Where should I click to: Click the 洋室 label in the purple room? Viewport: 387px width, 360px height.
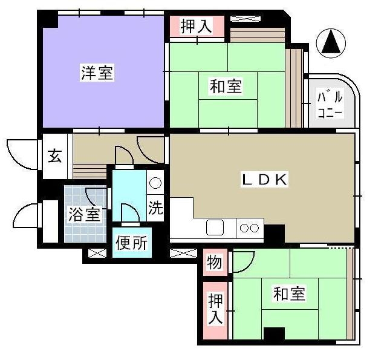pos(97,73)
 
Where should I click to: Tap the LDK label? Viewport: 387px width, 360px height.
pos(265,180)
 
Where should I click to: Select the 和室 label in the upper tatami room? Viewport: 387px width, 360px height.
pos(226,86)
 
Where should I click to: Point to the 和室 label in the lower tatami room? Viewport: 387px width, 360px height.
pos(289,293)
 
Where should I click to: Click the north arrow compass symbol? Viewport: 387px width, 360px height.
pos(331,44)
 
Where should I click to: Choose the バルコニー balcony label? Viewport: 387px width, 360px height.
pos(330,105)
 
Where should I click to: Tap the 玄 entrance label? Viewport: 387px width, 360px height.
pos(55,156)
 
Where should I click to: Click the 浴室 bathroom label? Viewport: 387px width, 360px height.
pos(85,214)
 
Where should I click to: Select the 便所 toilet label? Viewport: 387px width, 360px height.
pos(132,243)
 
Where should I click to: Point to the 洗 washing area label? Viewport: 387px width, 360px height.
pos(155,208)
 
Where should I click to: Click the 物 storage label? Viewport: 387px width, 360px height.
pos(215,262)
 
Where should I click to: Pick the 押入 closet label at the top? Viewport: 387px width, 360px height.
pos(197,26)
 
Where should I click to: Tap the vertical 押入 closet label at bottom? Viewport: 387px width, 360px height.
pos(215,309)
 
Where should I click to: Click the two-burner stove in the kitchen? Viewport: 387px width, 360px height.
pos(250,228)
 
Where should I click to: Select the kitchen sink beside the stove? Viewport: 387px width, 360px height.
pos(215,227)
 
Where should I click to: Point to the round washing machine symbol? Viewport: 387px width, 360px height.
pos(155,183)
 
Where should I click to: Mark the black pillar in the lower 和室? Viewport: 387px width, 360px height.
pos(274,333)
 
